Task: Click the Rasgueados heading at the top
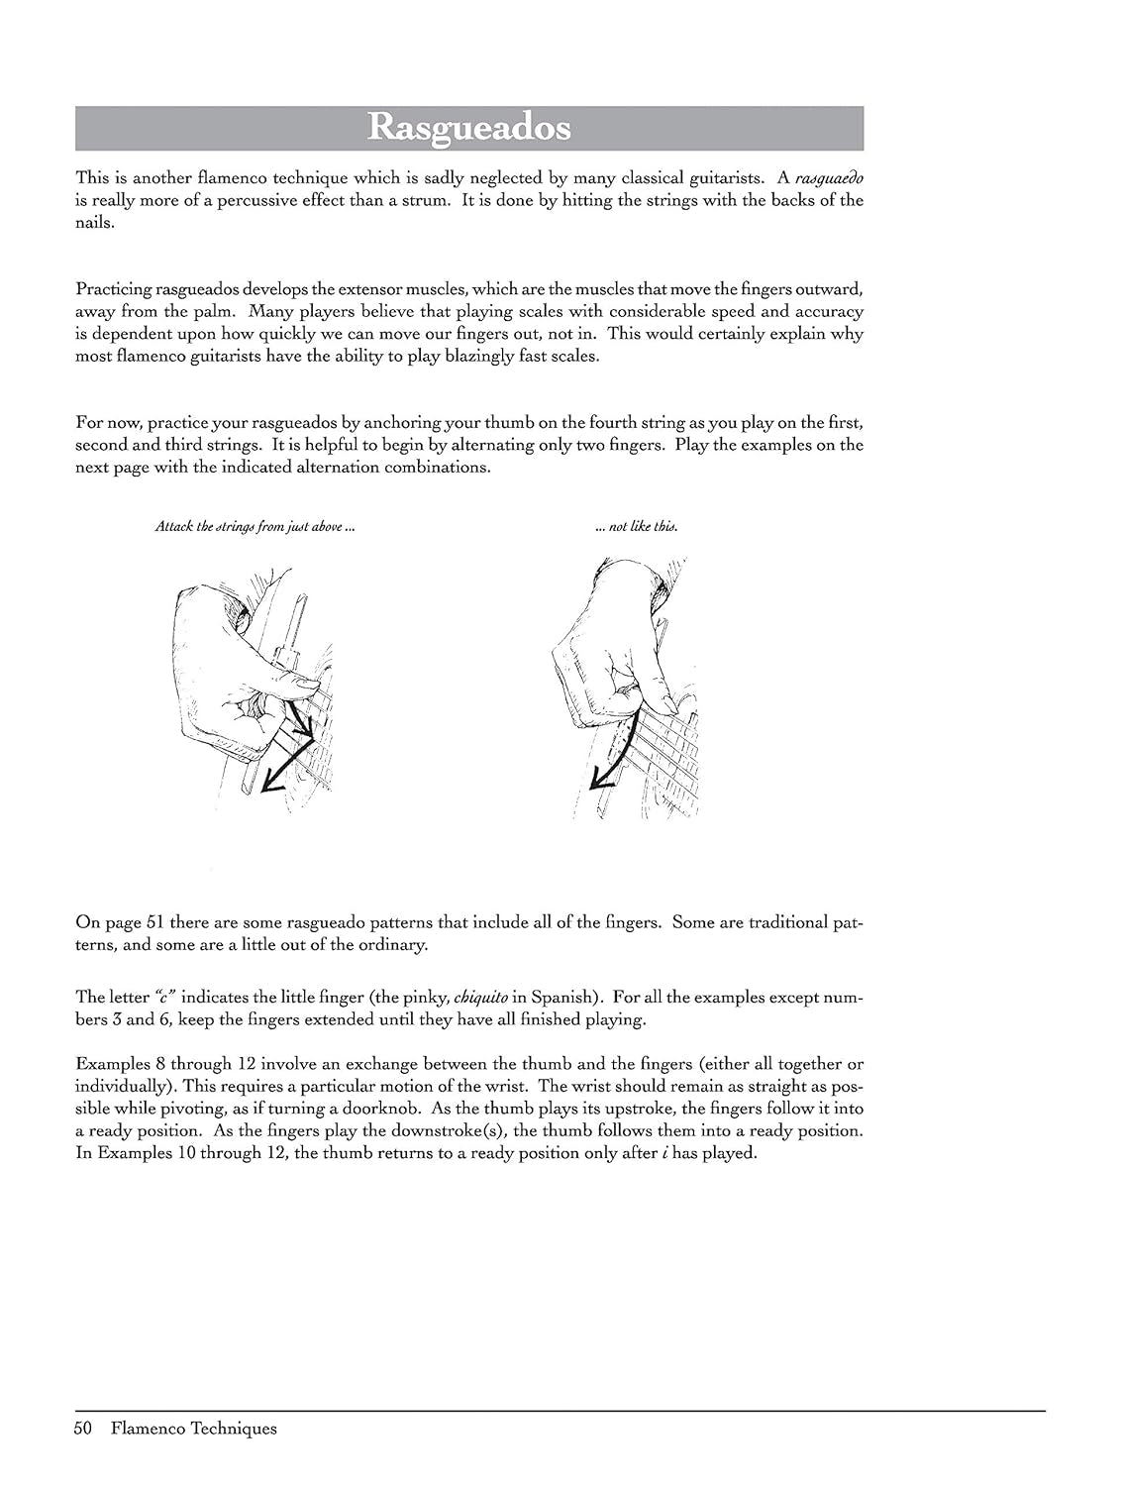[468, 128]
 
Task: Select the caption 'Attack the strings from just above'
[255, 527]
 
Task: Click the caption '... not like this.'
[637, 527]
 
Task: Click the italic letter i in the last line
[663, 1153]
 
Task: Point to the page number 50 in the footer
[82, 1428]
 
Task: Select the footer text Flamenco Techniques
[194, 1428]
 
